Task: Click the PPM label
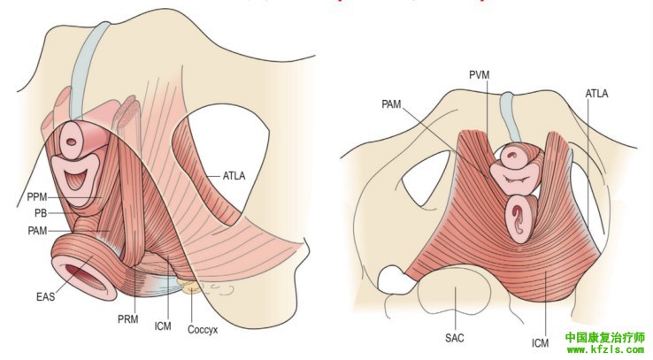click(36, 195)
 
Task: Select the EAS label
click(46, 296)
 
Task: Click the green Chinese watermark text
click(605, 337)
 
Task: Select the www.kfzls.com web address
click(605, 350)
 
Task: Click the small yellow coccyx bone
click(189, 285)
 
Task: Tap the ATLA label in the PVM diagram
click(595, 92)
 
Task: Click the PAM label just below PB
click(37, 230)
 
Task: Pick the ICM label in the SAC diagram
click(540, 341)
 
